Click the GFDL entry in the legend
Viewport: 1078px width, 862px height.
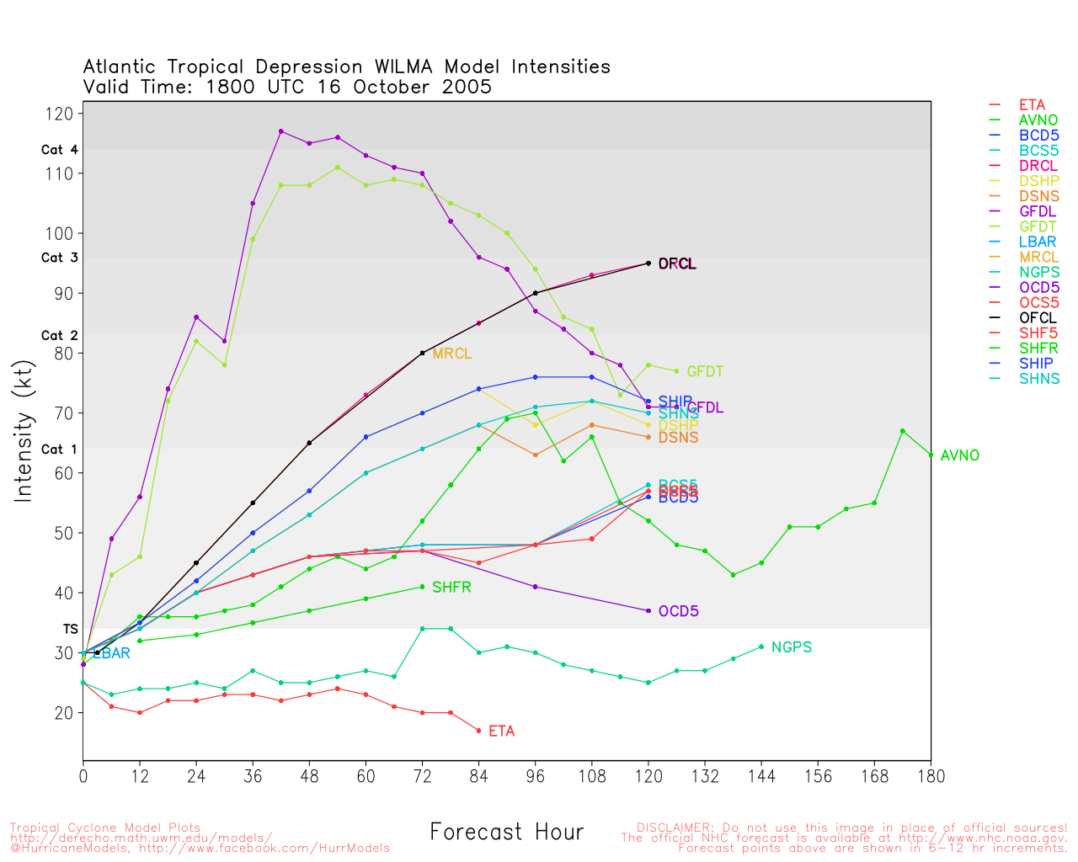[1038, 211]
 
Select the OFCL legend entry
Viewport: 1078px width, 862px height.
[1038, 318]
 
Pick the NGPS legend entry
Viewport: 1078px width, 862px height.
[1038, 272]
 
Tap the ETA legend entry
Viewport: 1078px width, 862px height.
[1032, 105]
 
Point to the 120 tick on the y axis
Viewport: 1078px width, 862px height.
[66, 114]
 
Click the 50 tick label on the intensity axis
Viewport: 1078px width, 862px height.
[66, 534]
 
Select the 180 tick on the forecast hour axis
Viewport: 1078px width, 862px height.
[931, 776]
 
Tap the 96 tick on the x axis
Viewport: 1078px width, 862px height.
[535, 776]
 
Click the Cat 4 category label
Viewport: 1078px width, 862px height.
[60, 150]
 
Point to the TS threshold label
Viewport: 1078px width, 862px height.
[70, 629]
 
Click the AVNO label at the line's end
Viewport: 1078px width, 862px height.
[959, 455]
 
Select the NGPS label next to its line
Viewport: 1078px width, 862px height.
[791, 647]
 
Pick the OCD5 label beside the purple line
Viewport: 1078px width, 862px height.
[678, 611]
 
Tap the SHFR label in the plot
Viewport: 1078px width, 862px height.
[451, 587]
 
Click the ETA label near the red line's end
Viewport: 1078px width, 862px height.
[501, 732]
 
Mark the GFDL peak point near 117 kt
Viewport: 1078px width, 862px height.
[280, 131]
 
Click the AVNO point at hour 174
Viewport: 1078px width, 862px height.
[902, 431]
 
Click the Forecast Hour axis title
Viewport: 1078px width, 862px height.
[506, 833]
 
